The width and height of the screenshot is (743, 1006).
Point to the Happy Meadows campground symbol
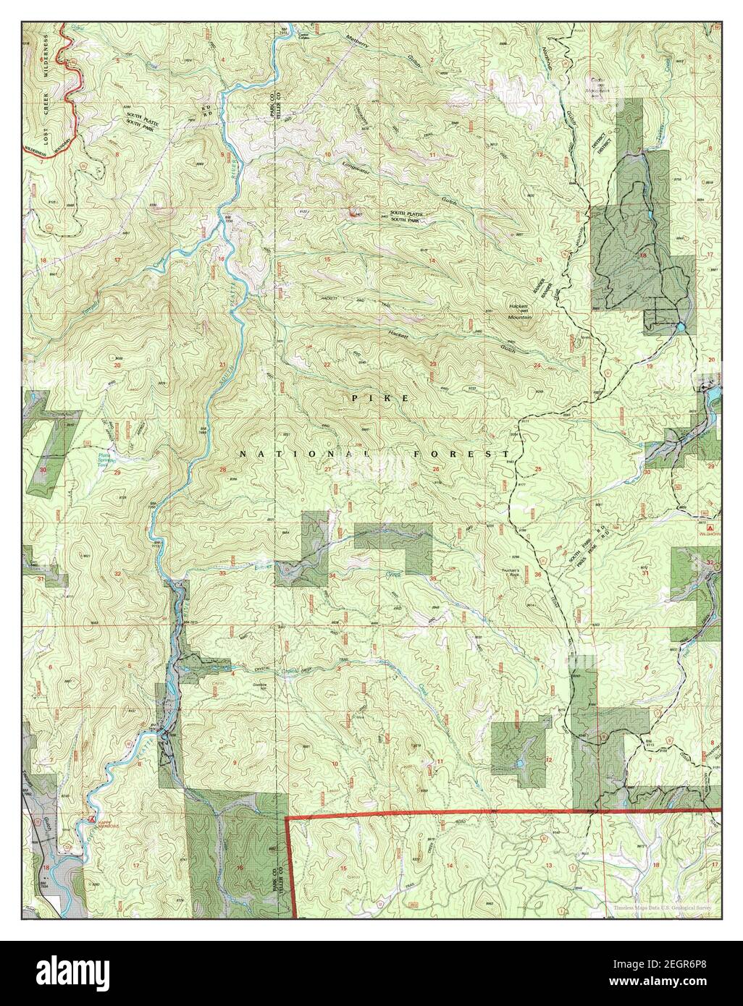(91, 819)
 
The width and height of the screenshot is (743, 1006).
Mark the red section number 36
(538, 575)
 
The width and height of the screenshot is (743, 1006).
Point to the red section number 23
(433, 364)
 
